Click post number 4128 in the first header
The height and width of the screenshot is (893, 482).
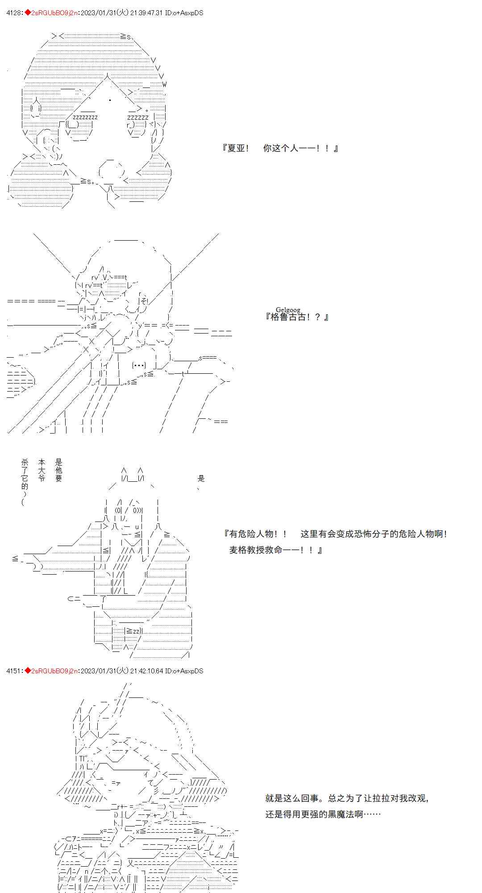pyautogui.click(x=14, y=13)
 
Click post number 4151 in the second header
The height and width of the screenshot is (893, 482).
pyautogui.click(x=14, y=671)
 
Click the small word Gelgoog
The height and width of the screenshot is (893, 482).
pyautogui.click(x=288, y=309)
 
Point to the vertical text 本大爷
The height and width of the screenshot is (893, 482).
pyautogui.click(x=42, y=470)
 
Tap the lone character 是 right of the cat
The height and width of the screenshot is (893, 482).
pyautogui.click(x=201, y=479)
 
